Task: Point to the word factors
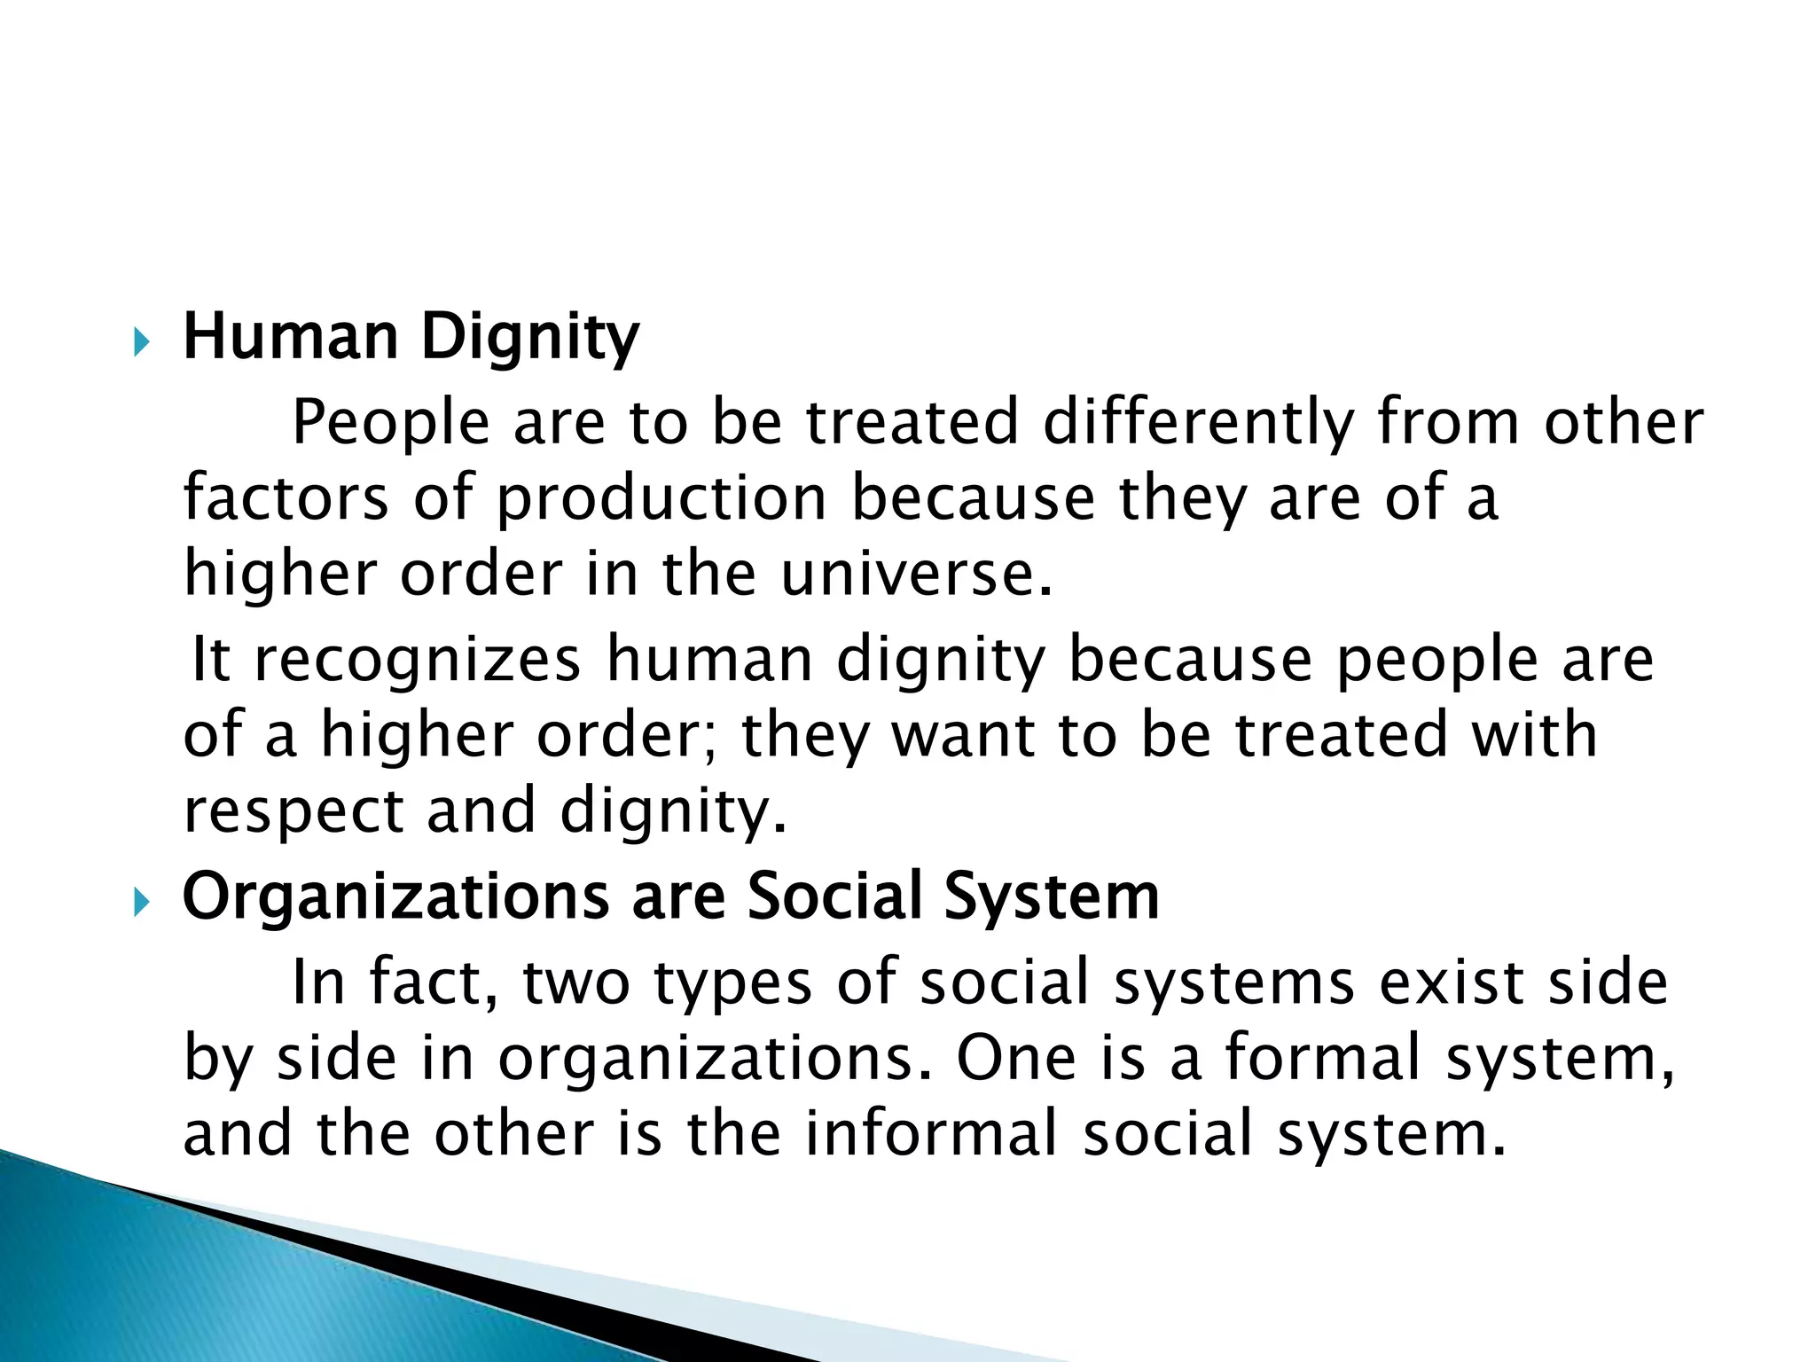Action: click(286, 497)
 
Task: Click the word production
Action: click(661, 499)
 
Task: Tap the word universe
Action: click(917, 575)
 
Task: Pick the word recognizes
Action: click(418, 661)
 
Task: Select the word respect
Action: click(294, 812)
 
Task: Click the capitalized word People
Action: click(390, 423)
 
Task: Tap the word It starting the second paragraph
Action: click(211, 660)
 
